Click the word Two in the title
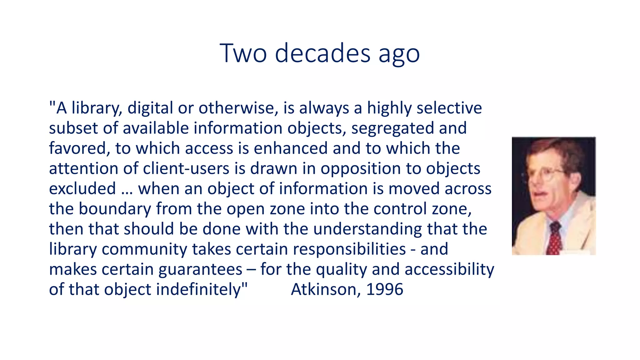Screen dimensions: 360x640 pos(243,53)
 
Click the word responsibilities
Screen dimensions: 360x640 pos(349,249)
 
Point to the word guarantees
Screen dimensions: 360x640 pos(200,269)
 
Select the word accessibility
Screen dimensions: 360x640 pos(449,269)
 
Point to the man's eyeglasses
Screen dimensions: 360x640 pos(552,174)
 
